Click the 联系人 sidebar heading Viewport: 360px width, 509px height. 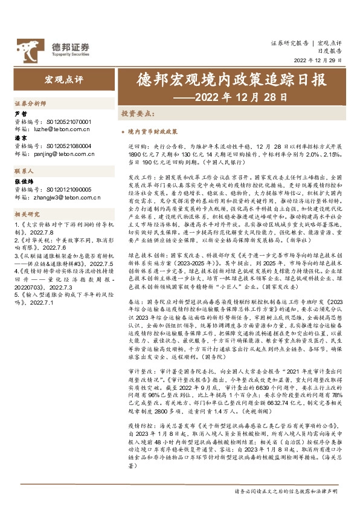24,172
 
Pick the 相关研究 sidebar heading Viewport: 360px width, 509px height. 27,214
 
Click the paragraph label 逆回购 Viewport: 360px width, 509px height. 137,146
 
